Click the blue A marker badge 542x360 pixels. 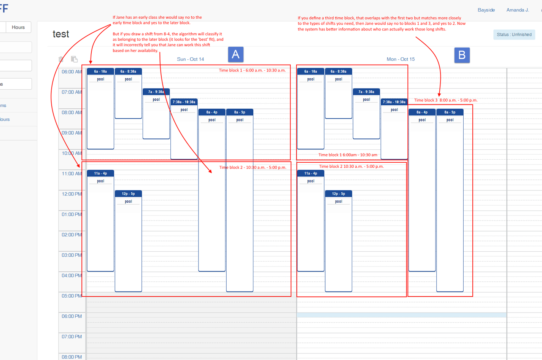235,55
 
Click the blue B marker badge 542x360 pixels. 462,55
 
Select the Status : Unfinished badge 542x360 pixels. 514,35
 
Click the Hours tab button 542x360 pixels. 18,27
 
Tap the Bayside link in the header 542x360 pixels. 486,10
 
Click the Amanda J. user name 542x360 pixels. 517,10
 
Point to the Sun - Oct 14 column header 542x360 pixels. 190,59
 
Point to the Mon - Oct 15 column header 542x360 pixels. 401,59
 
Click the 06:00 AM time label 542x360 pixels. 72,72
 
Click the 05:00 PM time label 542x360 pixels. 72,296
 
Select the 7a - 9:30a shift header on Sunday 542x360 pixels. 156,92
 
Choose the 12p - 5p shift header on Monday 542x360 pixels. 338,194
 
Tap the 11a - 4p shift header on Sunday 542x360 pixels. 100,173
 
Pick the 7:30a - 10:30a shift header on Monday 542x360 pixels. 394,102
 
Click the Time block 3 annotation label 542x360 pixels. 445,100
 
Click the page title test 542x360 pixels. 61,34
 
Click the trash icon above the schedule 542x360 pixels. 61,59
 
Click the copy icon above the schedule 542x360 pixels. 74,59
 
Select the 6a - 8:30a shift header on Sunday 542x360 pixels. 128,71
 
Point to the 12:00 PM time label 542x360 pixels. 72,194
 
